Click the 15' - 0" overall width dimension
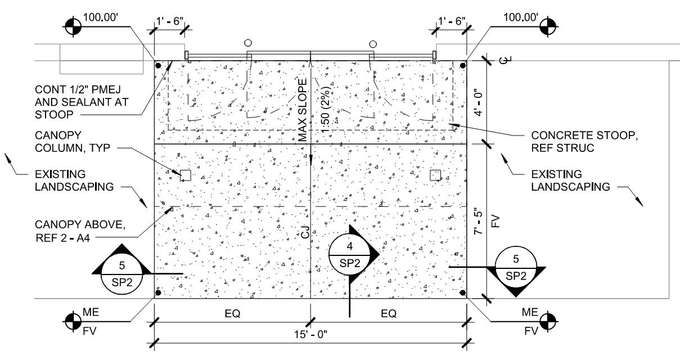pyautogui.click(x=310, y=334)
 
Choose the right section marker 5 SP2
pyautogui.click(x=516, y=268)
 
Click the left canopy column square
pyautogui.click(x=185, y=175)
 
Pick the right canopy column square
pyautogui.click(x=435, y=175)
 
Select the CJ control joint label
pyautogui.click(x=304, y=231)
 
